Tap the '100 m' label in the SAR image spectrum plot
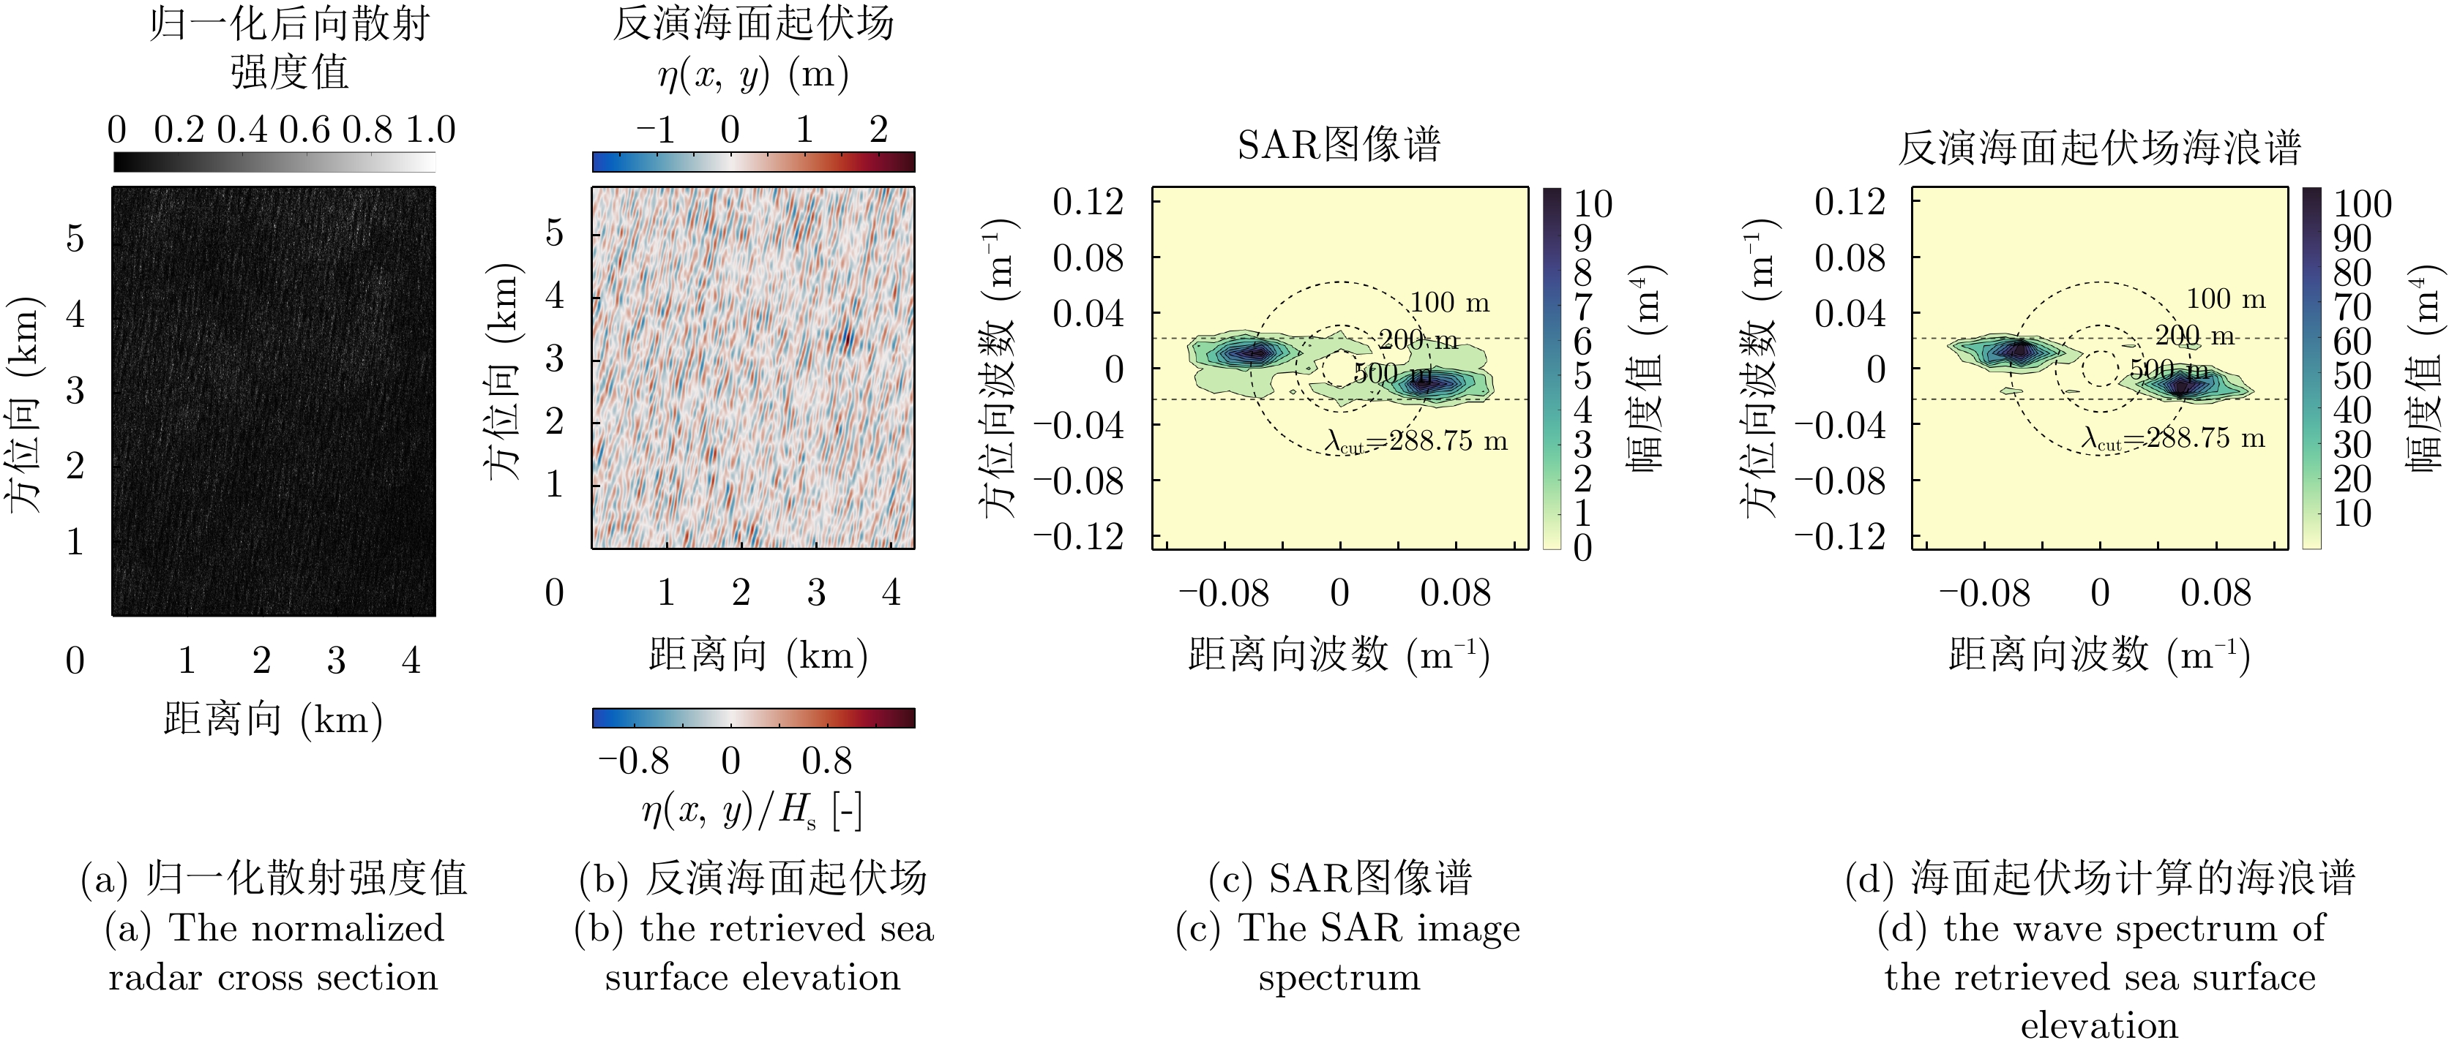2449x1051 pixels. tap(1449, 303)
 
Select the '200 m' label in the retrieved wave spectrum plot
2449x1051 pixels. tap(2194, 336)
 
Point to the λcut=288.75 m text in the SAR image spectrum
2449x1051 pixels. tap(1416, 441)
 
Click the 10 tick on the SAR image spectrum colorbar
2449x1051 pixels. tap(1593, 204)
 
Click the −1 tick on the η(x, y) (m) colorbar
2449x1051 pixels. tap(656, 130)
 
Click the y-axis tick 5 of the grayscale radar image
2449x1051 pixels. tap(75, 238)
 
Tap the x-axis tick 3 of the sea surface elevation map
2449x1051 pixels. tap(815, 593)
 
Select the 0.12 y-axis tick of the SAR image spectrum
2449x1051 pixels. tap(1088, 201)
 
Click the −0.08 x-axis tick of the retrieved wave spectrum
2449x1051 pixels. tap(1985, 594)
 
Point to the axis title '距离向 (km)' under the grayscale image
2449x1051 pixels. tap(273, 720)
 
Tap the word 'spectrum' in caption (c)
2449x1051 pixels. tap(1339, 978)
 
